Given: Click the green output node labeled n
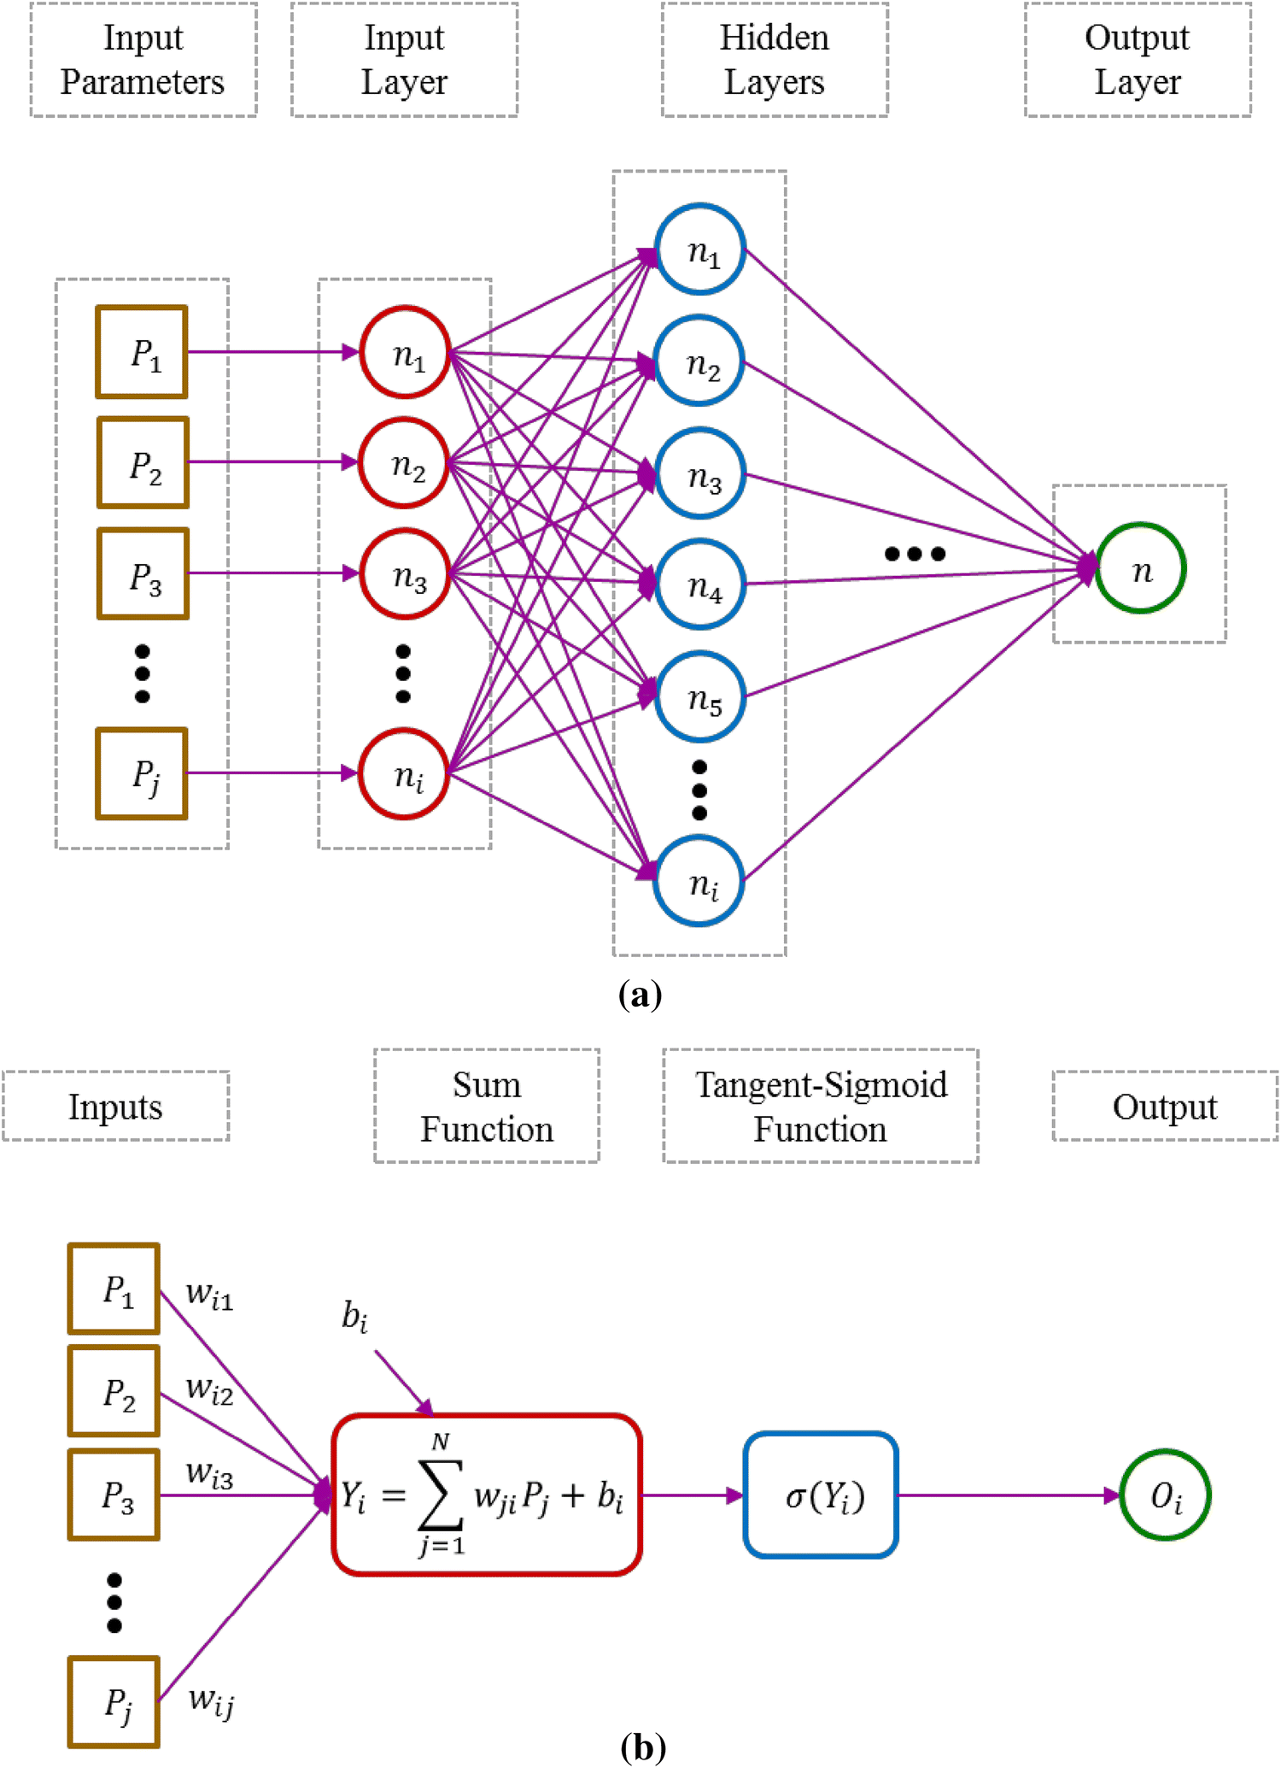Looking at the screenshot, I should (1140, 568).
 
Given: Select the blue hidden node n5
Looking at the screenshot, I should (700, 696).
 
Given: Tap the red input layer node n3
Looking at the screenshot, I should (405, 573).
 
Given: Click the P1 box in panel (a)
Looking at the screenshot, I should (142, 352).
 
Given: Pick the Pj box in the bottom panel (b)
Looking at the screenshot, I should (114, 1702).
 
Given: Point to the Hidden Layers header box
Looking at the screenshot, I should (775, 60).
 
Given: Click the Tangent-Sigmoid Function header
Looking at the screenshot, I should (821, 1107).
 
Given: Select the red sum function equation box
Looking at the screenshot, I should (487, 1495).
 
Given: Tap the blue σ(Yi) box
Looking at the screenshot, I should (821, 1495).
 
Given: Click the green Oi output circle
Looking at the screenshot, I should (1165, 1495).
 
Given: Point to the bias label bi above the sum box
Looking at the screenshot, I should (354, 1317).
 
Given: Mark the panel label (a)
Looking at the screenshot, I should (640, 995).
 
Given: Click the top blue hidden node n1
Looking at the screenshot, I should (700, 250).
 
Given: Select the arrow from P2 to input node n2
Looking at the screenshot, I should (273, 462).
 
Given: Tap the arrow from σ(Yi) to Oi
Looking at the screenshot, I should (1008, 1495).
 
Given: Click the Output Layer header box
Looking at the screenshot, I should (1138, 60).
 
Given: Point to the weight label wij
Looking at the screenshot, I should (211, 1700).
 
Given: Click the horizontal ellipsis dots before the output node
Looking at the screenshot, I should (915, 554).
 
